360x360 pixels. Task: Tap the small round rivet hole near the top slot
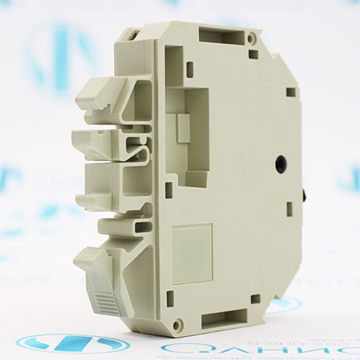pos(251,38)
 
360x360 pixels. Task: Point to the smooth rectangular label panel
pos(192,253)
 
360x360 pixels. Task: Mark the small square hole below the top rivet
pos(253,54)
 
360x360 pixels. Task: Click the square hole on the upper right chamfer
pos(290,91)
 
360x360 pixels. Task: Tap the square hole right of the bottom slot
pos(254,298)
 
